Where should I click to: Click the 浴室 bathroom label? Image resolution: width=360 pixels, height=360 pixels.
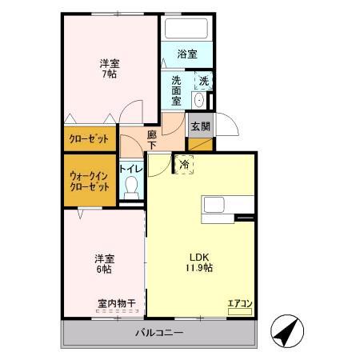186,55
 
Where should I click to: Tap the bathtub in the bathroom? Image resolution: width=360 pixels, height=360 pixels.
187,30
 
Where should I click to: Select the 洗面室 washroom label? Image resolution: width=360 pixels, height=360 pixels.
177,90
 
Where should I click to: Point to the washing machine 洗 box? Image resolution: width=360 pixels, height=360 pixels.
203,81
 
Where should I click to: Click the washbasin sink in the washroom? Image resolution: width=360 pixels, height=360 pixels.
199,102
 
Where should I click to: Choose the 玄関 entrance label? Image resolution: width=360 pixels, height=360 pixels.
200,126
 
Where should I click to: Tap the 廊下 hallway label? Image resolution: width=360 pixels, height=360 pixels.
152,141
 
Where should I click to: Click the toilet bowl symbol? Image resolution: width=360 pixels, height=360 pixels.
132,189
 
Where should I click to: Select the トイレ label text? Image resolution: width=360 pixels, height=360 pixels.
131,169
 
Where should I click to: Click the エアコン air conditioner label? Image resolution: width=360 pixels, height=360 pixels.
239,302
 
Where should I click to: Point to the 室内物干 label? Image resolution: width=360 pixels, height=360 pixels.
117,303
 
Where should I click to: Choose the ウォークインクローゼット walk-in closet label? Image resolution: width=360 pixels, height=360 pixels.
90,180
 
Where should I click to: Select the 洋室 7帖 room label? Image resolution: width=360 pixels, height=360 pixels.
110,68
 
